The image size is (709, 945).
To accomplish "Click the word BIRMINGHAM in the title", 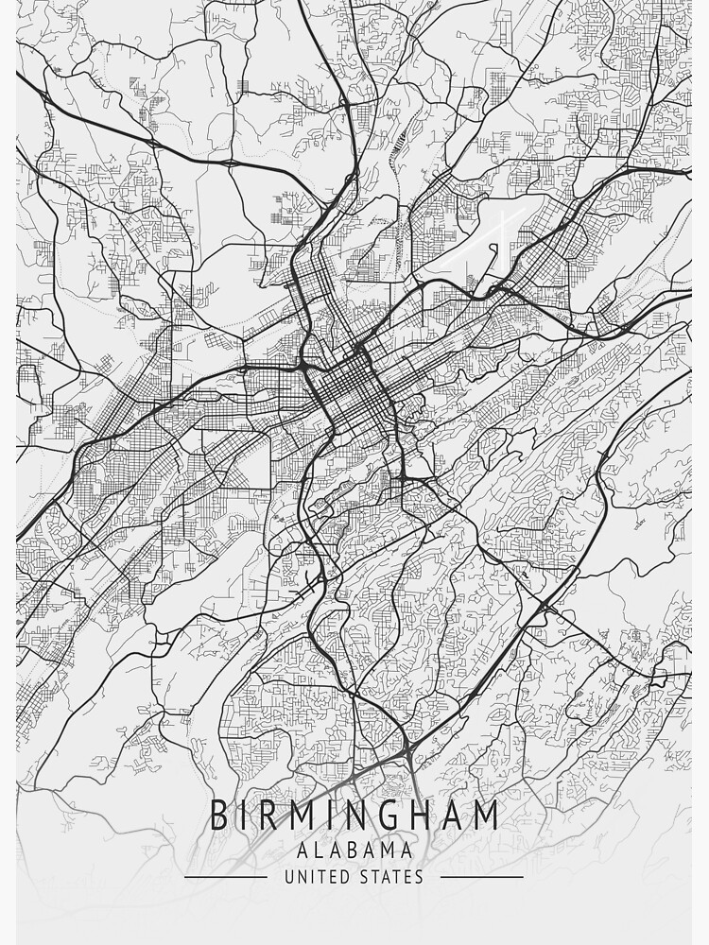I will [x=354, y=815].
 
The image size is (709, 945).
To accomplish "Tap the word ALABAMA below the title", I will [x=354, y=850].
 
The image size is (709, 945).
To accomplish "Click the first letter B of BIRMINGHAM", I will [x=218, y=815].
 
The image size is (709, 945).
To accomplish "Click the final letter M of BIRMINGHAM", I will [x=486, y=815].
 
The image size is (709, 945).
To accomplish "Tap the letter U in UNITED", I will [x=289, y=877].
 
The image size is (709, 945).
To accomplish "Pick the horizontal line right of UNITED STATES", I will [x=482, y=877].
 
